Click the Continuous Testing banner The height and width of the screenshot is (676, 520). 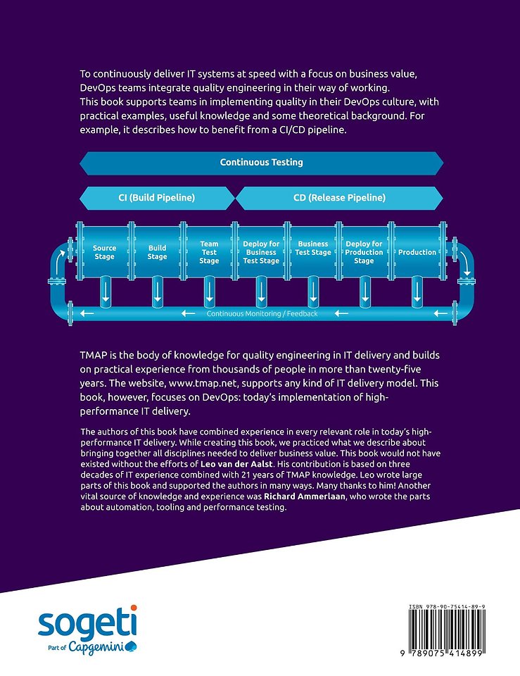pyautogui.click(x=262, y=163)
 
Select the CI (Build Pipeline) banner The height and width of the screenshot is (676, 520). pyautogui.click(x=157, y=198)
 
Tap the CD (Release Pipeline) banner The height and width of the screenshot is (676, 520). pyautogui.click(x=339, y=198)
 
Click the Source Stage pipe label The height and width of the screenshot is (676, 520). pyautogui.click(x=104, y=252)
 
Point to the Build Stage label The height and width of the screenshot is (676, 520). pyautogui.click(x=157, y=252)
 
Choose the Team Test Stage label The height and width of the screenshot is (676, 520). pyautogui.click(x=209, y=252)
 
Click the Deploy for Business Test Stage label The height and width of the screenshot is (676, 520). pyautogui.click(x=261, y=252)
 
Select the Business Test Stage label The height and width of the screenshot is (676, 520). pyautogui.click(x=313, y=248)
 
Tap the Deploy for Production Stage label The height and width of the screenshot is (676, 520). pyautogui.click(x=364, y=252)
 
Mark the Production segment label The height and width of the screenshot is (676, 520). pyautogui.click(x=417, y=252)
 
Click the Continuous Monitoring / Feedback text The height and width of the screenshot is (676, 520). pyautogui.click(x=262, y=314)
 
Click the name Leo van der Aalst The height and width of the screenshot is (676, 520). pyautogui.click(x=236, y=464)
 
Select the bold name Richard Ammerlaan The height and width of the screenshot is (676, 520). pyautogui.click(x=305, y=496)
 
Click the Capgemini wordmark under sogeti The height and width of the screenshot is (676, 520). pyautogui.click(x=103, y=648)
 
